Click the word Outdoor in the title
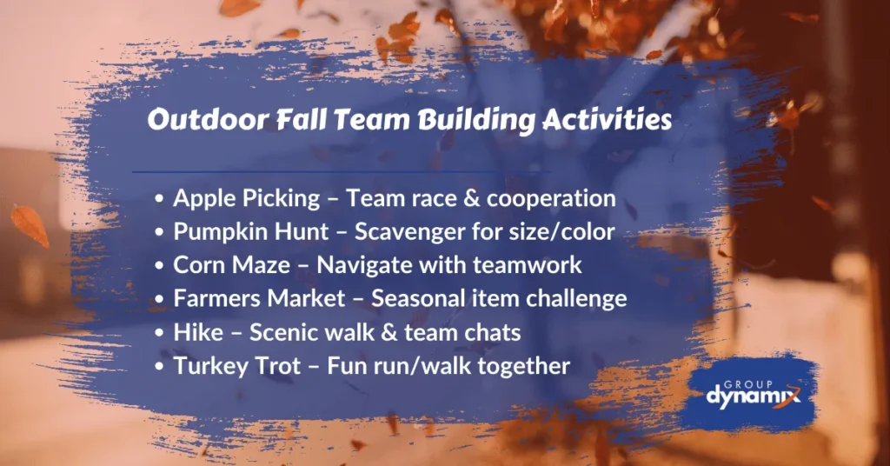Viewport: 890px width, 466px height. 209,120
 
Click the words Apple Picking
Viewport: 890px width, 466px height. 247,199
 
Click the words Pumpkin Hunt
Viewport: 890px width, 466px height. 251,232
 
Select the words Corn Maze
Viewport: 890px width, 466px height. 231,265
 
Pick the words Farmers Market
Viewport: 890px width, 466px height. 259,298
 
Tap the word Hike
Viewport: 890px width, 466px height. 198,332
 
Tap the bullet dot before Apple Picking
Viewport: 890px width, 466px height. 160,199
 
